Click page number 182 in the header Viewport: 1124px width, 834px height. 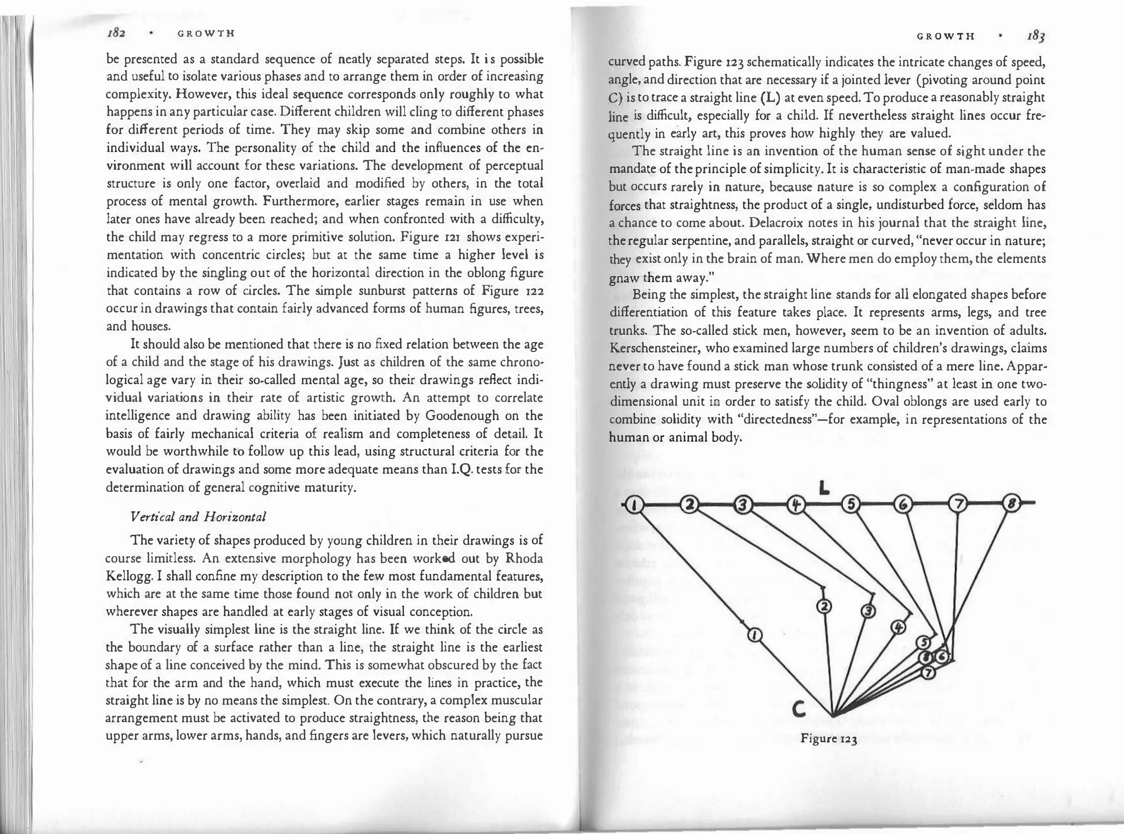(116, 33)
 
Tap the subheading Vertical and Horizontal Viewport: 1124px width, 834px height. (198, 517)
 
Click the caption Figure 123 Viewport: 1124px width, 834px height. (829, 738)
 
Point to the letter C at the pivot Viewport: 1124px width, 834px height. (799, 710)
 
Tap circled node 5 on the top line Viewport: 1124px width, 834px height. (850, 504)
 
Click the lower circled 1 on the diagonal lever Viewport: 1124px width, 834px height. (755, 635)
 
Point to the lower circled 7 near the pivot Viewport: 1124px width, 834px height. (928, 671)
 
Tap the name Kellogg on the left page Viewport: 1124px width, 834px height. (130, 576)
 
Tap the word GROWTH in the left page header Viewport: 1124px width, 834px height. (206, 33)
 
